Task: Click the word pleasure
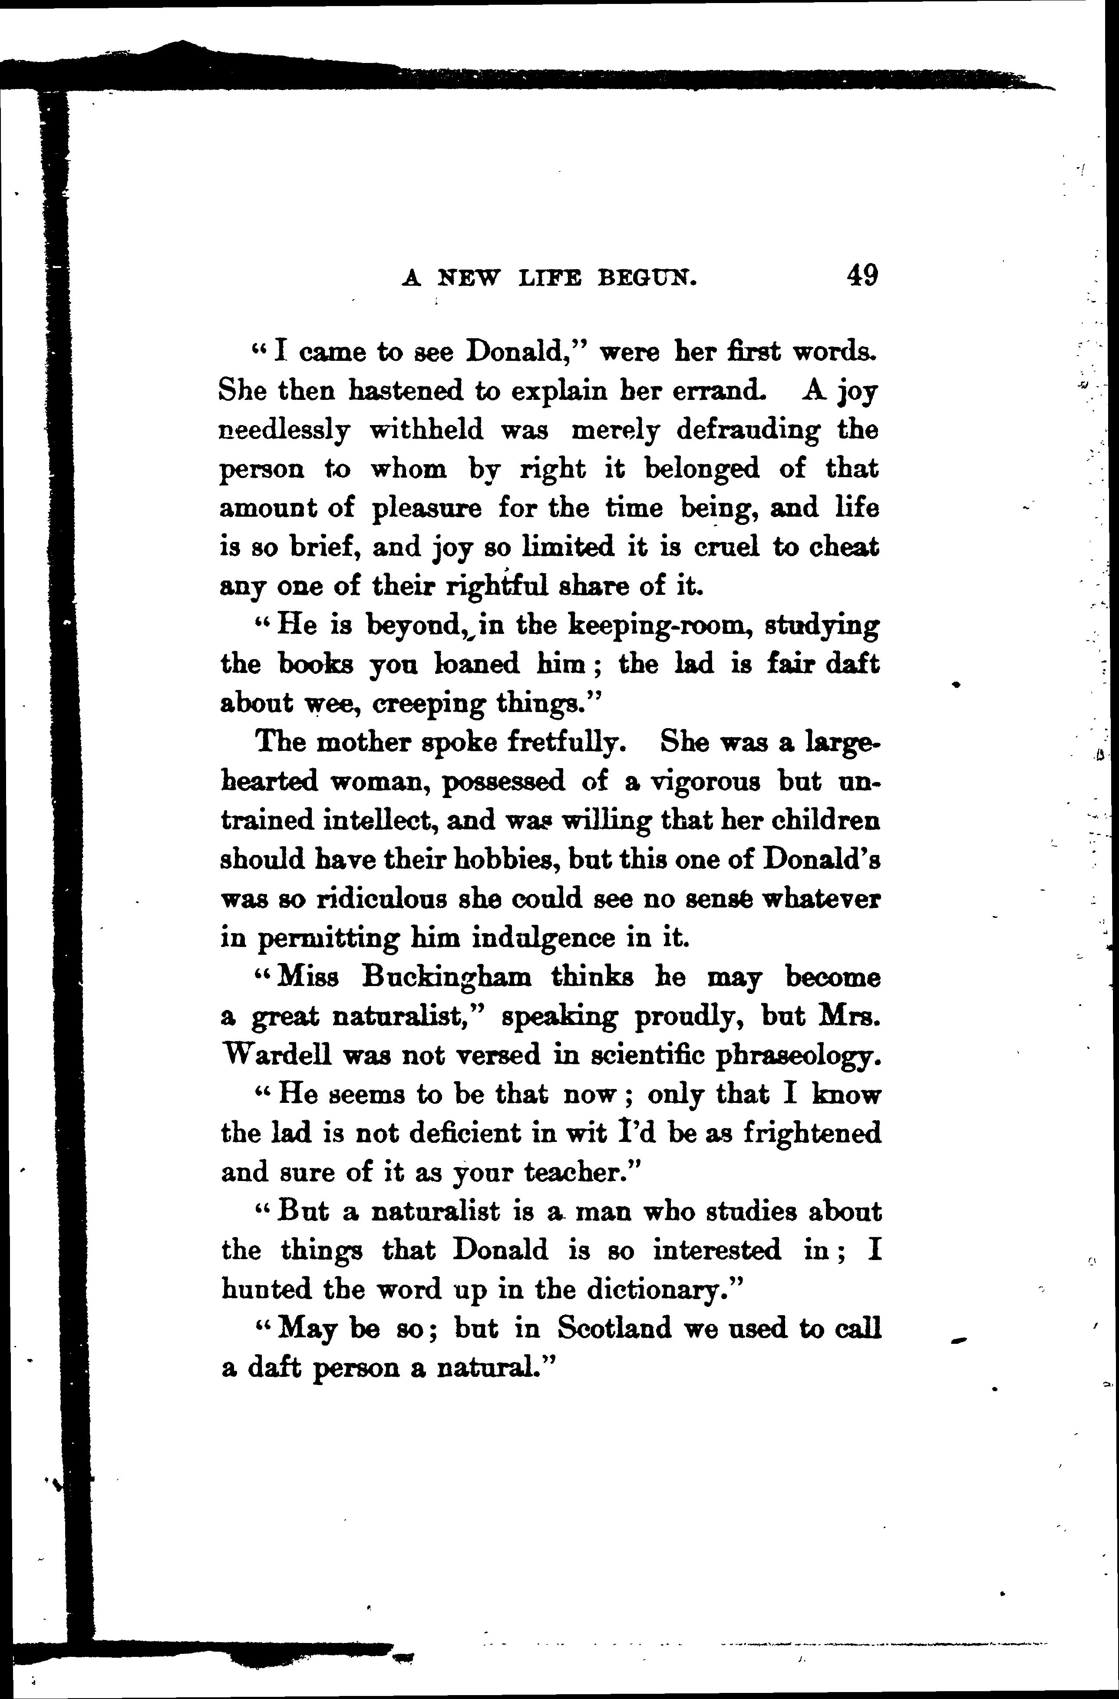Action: click(x=426, y=509)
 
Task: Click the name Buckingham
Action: click(x=446, y=977)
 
